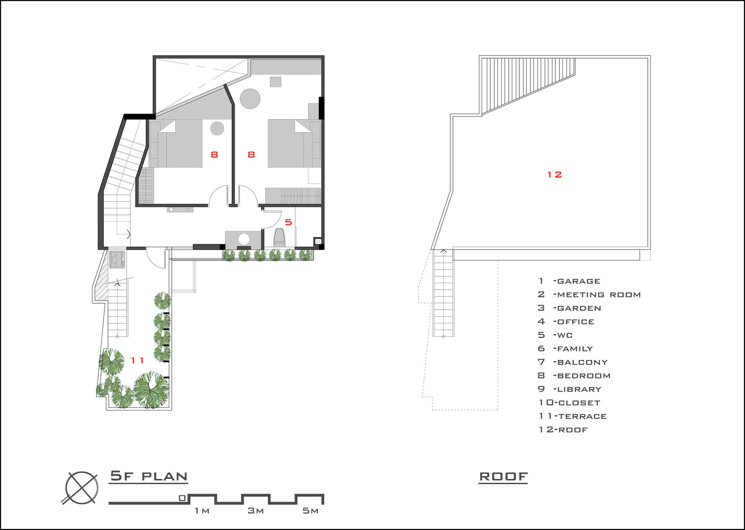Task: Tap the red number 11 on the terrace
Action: point(137,360)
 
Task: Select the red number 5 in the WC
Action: point(288,222)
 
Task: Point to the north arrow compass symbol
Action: point(82,488)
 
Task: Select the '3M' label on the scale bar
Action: point(256,511)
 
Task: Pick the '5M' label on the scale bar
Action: point(310,511)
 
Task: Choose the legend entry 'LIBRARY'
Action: point(579,389)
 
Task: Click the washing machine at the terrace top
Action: point(118,259)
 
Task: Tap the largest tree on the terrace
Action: point(151,389)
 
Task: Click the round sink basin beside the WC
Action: point(244,239)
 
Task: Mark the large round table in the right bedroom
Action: point(250,98)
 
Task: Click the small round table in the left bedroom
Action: point(217,128)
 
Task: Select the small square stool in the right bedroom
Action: point(276,82)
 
